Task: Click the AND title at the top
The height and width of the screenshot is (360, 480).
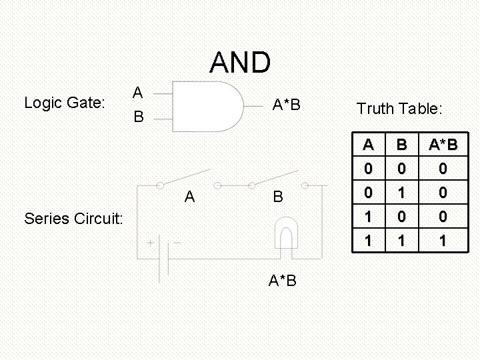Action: pyautogui.click(x=240, y=63)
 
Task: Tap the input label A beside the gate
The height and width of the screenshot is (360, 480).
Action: pyautogui.click(x=137, y=92)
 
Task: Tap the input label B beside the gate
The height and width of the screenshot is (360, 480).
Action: pyautogui.click(x=137, y=117)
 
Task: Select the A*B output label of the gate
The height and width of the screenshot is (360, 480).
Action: pyautogui.click(x=286, y=105)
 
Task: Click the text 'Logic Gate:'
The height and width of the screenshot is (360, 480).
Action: pyautogui.click(x=64, y=103)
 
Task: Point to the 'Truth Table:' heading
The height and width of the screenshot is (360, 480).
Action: pyautogui.click(x=400, y=108)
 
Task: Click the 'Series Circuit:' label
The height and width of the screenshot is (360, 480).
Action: pyautogui.click(x=73, y=218)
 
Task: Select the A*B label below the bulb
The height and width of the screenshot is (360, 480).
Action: pyautogui.click(x=283, y=281)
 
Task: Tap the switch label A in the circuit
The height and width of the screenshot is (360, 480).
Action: pyautogui.click(x=190, y=197)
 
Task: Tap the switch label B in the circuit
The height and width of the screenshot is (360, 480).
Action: pyautogui.click(x=278, y=197)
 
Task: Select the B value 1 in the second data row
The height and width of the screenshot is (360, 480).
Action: pyautogui.click(x=401, y=193)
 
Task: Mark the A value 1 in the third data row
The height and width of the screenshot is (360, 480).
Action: pyautogui.click(x=367, y=217)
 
